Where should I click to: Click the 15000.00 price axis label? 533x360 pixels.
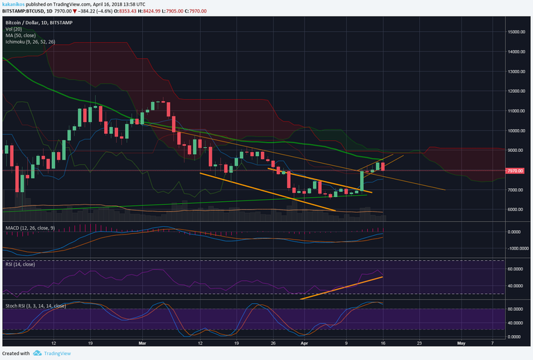pyautogui.click(x=515, y=32)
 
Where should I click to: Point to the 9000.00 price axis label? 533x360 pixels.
pyautogui.click(x=516, y=151)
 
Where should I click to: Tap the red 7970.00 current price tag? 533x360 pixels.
pyautogui.click(x=516, y=170)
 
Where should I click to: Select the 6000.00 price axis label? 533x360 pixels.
pyautogui.click(x=516, y=209)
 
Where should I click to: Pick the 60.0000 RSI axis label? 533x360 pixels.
pyautogui.click(x=516, y=268)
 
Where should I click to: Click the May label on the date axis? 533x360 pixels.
pyautogui.click(x=462, y=343)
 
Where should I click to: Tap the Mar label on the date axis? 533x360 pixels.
pyautogui.click(x=142, y=343)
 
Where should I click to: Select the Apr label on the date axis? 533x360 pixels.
pyautogui.click(x=303, y=343)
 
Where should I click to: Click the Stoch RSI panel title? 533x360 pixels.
pyautogui.click(x=35, y=305)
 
